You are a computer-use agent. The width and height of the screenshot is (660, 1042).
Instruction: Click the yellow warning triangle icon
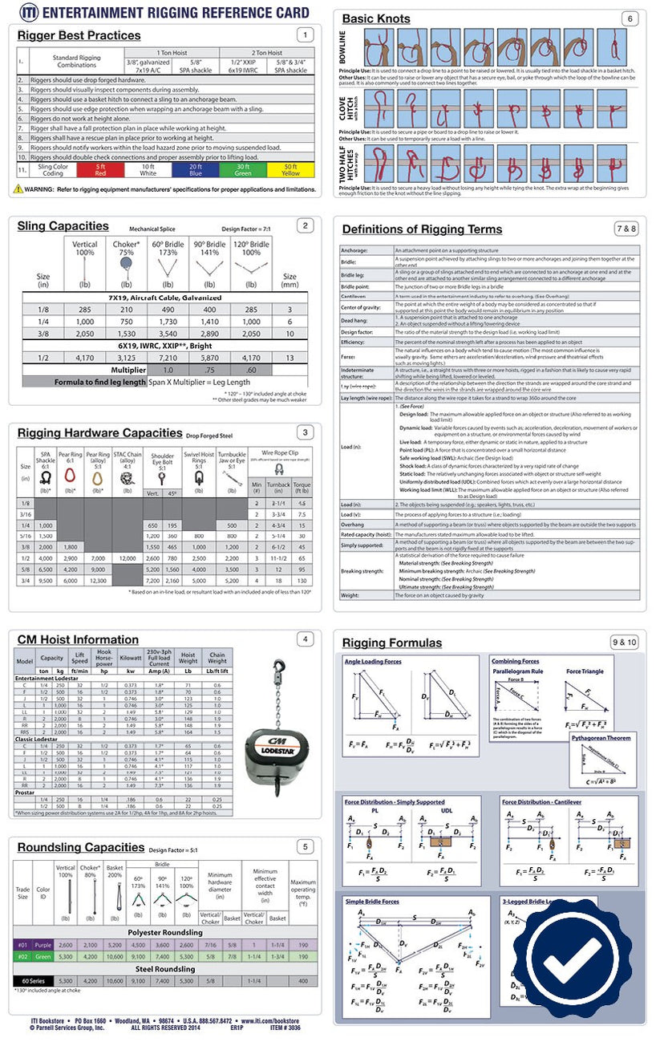[x=18, y=189]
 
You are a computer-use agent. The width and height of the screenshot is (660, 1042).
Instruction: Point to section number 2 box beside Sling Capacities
[x=304, y=225]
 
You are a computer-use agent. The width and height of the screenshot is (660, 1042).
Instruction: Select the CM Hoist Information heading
[x=78, y=639]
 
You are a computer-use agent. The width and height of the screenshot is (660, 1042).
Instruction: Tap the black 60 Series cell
[x=33, y=980]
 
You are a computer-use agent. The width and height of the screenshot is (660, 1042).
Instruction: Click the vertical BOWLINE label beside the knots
[x=344, y=48]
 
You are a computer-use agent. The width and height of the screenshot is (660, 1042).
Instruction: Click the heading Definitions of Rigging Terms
[x=422, y=229]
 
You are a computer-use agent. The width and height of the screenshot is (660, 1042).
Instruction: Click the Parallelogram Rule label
[x=517, y=671]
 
